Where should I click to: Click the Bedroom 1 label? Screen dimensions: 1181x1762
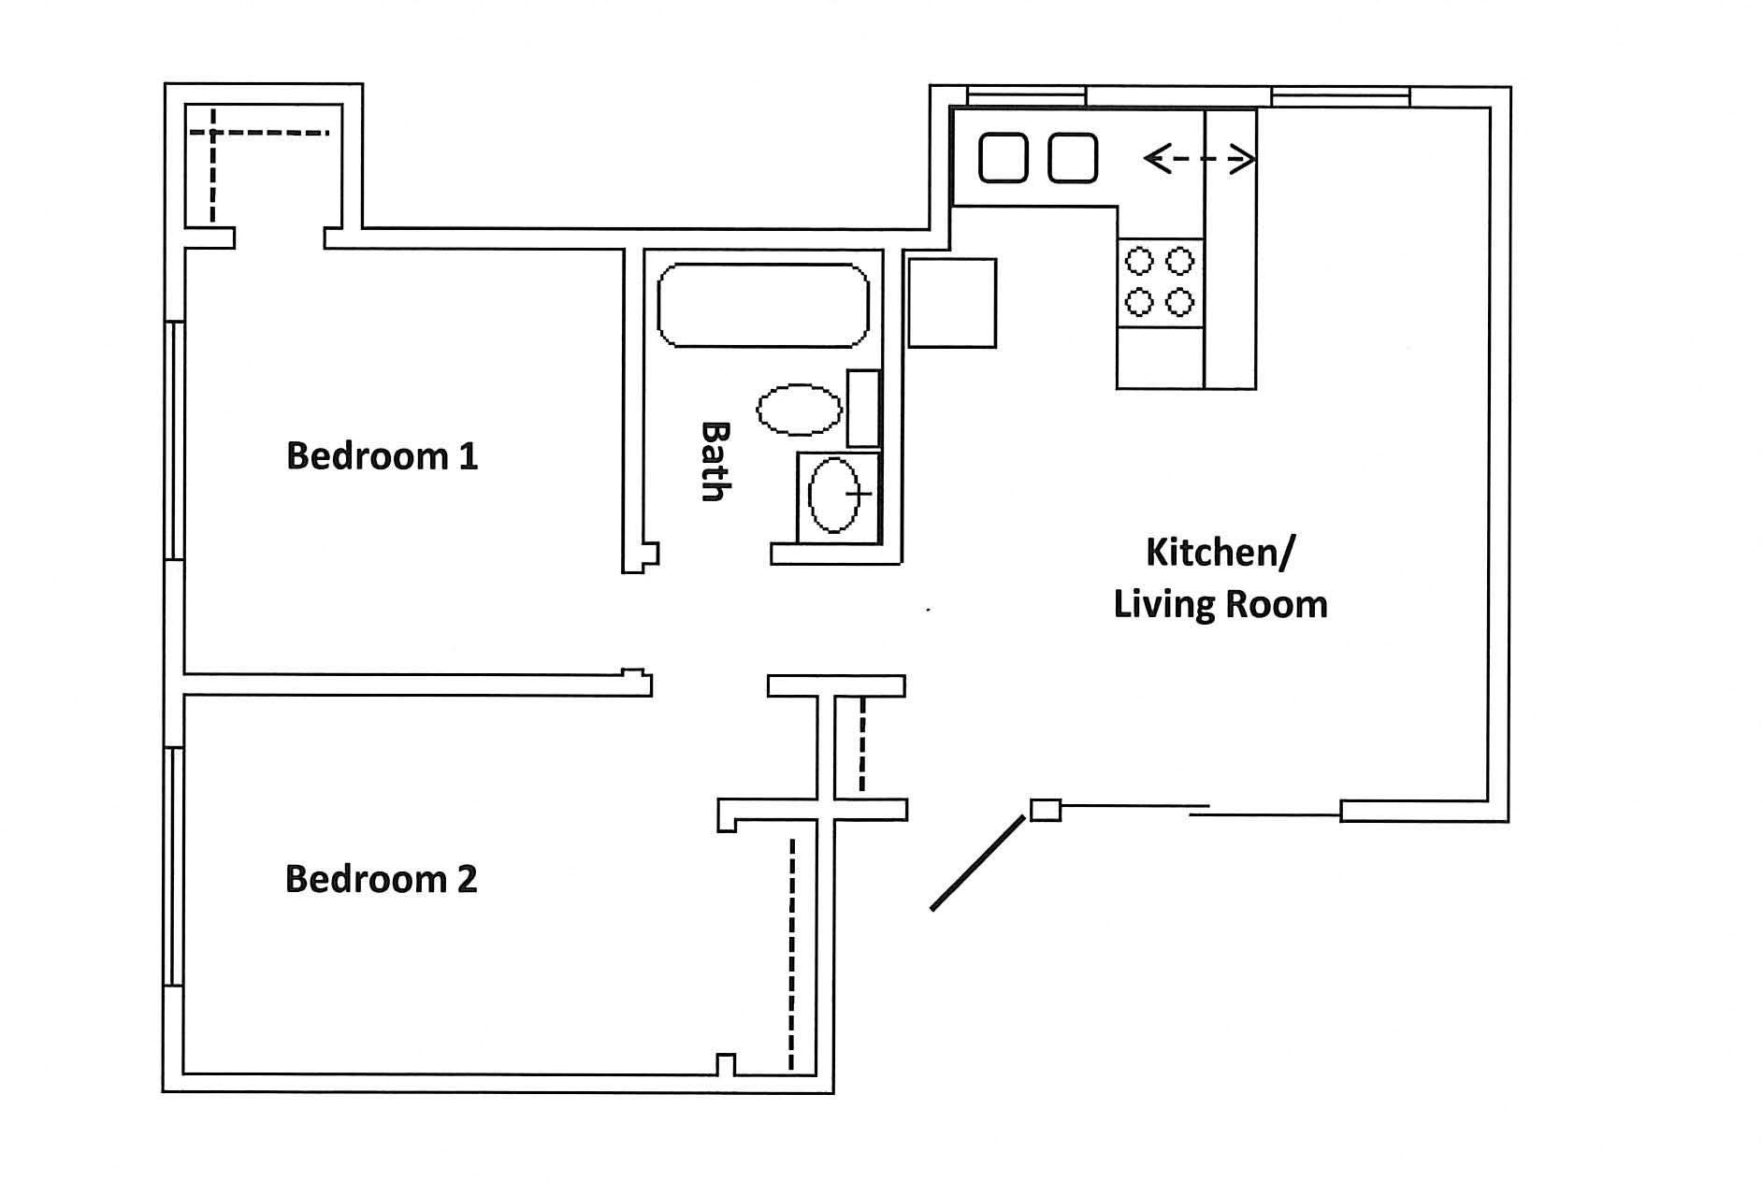[382, 456]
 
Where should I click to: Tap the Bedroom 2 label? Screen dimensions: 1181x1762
[381, 879]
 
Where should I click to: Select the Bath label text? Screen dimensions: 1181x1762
[715, 461]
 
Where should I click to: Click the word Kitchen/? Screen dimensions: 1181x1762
[1220, 553]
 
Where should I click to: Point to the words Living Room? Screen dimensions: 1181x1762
[1220, 604]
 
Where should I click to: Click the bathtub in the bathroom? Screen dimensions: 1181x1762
[763, 306]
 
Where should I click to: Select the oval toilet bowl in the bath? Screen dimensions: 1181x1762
[799, 410]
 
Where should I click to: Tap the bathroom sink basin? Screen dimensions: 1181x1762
[833, 495]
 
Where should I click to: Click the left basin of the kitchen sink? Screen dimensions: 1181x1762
[1004, 158]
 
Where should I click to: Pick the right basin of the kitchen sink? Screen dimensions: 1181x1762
[1073, 158]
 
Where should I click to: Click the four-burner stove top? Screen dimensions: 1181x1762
[1160, 281]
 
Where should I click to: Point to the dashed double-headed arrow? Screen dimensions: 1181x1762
[1198, 160]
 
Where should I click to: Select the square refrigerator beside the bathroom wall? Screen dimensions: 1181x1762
[952, 303]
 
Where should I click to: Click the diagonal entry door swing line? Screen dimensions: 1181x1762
[977, 862]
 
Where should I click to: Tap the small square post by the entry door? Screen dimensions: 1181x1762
[1046, 810]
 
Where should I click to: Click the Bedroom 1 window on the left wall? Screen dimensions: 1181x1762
[174, 440]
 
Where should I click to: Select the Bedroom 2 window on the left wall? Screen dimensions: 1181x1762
[174, 866]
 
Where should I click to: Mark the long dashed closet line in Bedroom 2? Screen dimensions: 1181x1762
[792, 954]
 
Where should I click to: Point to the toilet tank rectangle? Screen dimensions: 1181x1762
[863, 409]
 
